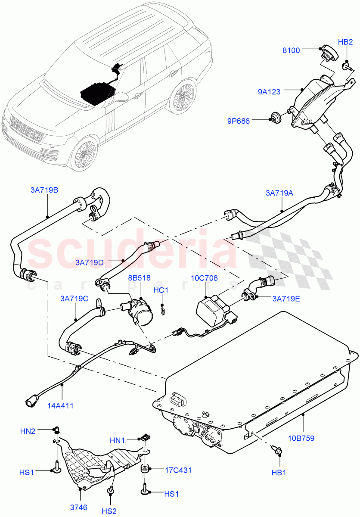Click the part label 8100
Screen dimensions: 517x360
click(291, 50)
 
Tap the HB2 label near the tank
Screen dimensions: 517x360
click(345, 42)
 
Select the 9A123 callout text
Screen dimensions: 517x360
click(269, 91)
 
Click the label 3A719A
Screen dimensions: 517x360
click(279, 193)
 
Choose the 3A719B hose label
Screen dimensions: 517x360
click(44, 190)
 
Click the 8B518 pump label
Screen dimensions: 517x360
click(139, 278)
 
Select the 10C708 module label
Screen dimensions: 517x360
click(208, 278)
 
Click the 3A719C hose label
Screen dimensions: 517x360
click(74, 298)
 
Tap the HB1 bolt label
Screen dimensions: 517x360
click(279, 473)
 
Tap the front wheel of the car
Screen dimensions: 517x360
click(84, 155)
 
